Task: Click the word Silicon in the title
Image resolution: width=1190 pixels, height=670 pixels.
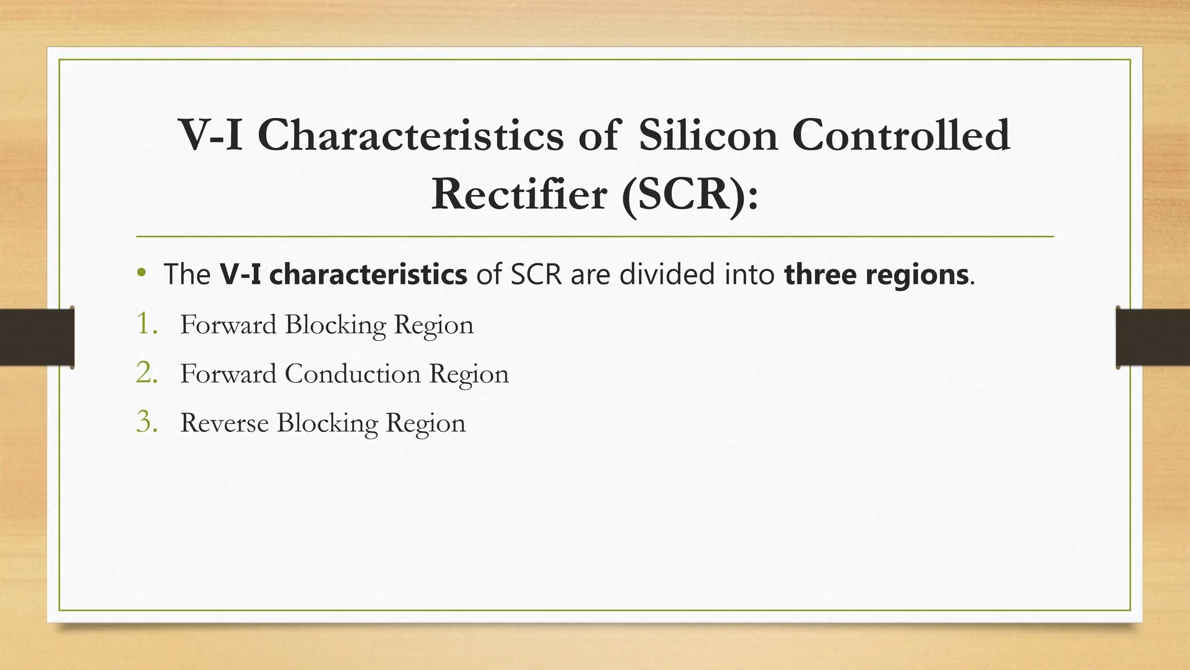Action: tap(708, 135)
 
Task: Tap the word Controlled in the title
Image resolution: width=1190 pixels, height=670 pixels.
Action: tap(901, 135)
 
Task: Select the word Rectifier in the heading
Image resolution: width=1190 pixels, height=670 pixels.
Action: tap(519, 194)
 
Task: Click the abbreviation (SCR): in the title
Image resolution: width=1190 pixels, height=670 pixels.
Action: tap(690, 194)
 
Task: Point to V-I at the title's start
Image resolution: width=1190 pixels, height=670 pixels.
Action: tap(210, 135)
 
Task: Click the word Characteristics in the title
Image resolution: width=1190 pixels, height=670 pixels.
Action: tap(410, 135)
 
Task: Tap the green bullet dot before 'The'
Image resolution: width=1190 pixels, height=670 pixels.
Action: tap(141, 273)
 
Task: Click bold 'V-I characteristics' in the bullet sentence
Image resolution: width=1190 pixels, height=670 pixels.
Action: tap(343, 275)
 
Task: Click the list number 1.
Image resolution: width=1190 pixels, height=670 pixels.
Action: tap(146, 324)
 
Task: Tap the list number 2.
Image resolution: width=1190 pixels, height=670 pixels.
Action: tap(146, 373)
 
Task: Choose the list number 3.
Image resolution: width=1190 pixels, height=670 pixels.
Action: tap(146, 422)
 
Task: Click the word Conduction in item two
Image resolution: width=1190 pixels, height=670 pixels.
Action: tap(352, 373)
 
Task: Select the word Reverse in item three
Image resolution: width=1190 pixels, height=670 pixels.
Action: tap(224, 423)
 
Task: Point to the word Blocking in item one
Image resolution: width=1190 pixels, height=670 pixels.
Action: tap(335, 325)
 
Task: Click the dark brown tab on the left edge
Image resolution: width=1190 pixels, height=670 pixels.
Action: tap(37, 337)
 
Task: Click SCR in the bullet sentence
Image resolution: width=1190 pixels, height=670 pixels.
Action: tap(536, 275)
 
